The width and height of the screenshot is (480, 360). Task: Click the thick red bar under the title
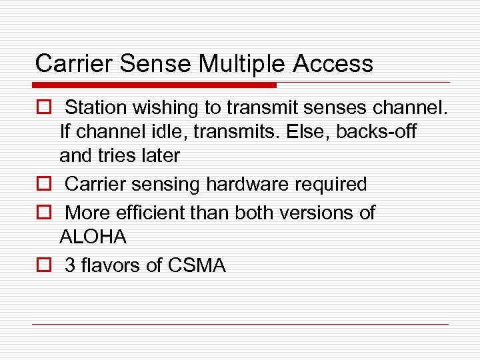tap(154, 85)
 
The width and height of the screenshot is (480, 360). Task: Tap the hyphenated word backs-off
tap(376, 132)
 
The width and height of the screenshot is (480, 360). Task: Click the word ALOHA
tap(93, 237)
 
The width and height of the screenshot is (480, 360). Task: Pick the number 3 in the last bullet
tap(70, 265)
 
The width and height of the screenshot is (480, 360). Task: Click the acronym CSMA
tap(197, 265)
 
